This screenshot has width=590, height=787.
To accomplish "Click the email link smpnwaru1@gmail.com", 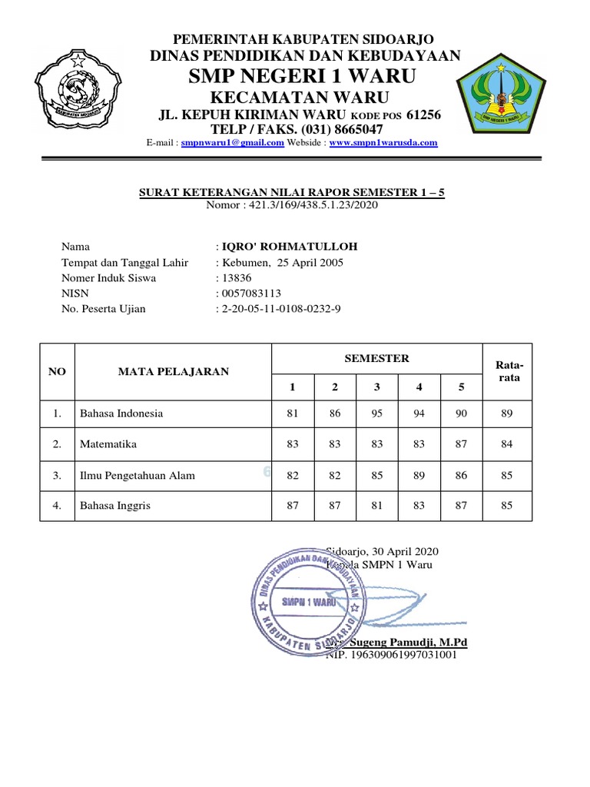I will [x=232, y=143].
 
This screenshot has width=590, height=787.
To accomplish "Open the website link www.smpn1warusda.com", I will [x=383, y=143].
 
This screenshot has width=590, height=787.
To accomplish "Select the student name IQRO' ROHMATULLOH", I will [x=289, y=247].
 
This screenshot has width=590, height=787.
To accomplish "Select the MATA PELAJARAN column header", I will [x=173, y=372].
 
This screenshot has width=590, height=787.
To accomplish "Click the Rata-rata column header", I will [x=507, y=371].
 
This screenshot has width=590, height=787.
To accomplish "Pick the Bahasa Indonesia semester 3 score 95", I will [x=376, y=413].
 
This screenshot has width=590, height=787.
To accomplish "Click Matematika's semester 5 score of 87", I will [x=461, y=444].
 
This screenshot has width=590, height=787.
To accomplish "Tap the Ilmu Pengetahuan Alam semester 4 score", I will [x=419, y=476].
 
